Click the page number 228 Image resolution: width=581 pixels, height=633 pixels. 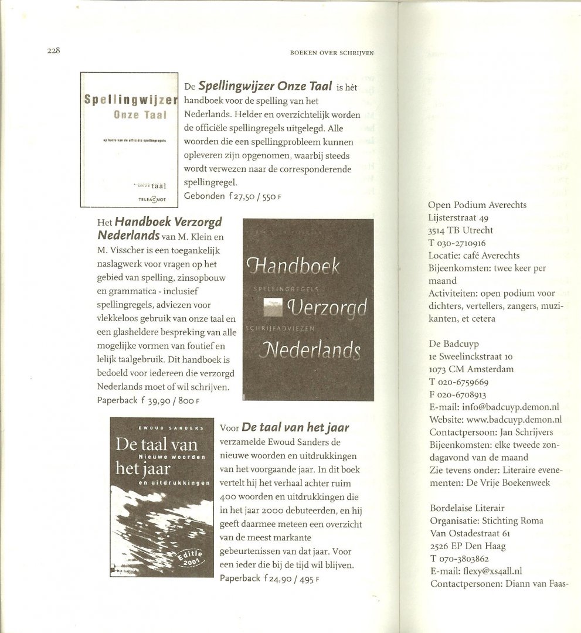point(55,51)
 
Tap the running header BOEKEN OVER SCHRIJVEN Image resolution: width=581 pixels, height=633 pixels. point(332,52)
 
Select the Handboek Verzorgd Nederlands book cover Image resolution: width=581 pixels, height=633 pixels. point(308,309)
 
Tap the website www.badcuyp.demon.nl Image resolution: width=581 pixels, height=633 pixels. point(495,419)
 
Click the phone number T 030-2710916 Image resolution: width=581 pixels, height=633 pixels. point(461,243)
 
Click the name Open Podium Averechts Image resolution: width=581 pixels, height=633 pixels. point(477,205)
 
